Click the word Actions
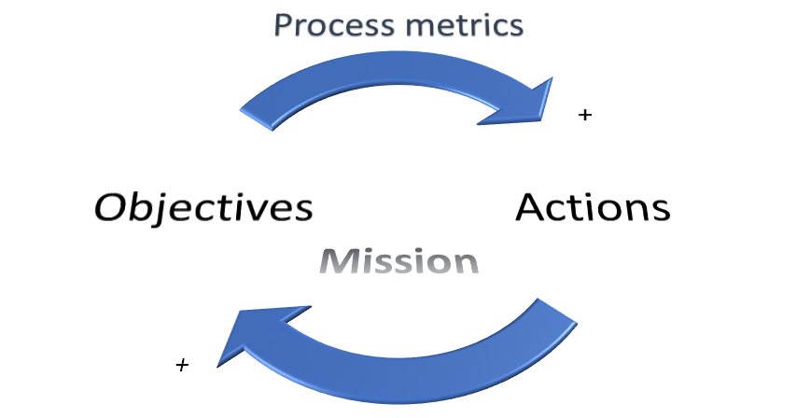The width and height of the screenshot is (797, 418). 593,206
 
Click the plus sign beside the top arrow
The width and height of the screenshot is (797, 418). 585,116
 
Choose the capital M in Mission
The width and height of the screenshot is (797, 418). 336,260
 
